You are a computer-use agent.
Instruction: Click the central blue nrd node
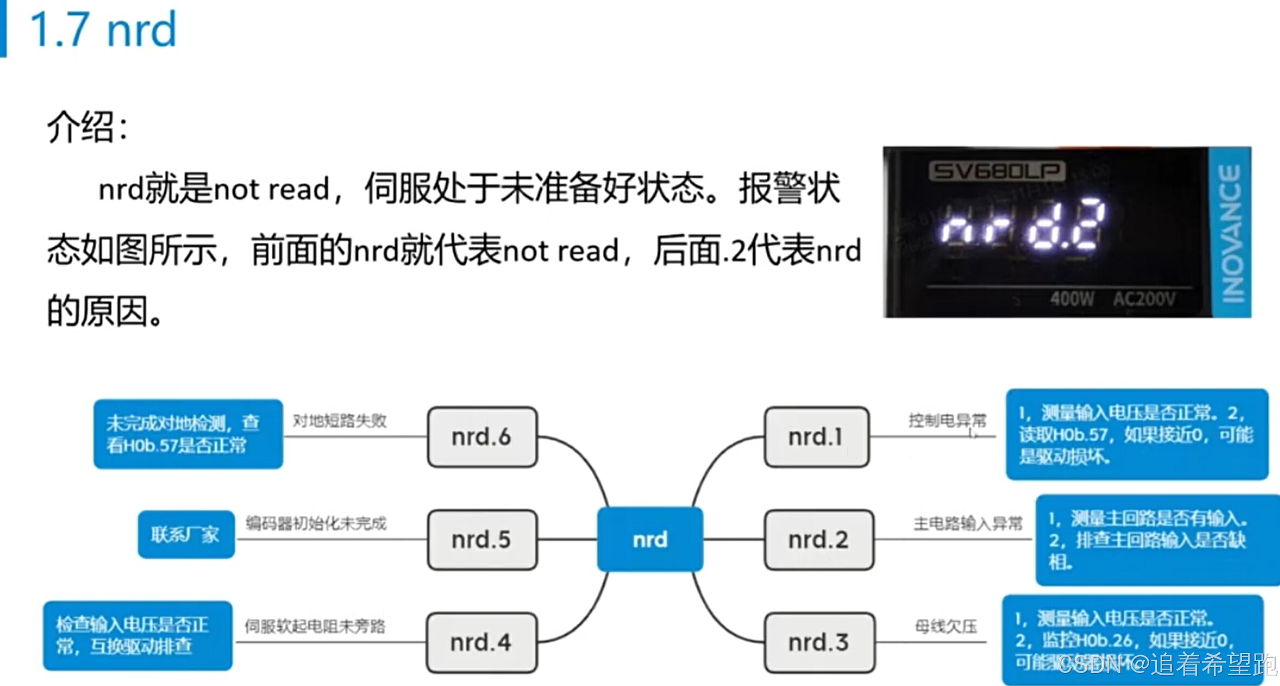(650, 539)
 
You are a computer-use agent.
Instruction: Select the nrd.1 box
(816, 437)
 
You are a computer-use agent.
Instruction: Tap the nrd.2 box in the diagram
(818, 539)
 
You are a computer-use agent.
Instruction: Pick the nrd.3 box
(819, 642)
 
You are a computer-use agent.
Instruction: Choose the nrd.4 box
(481, 642)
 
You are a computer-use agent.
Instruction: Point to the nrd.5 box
(482, 539)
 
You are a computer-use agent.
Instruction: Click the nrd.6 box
(482, 437)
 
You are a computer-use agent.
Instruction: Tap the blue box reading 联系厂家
(186, 535)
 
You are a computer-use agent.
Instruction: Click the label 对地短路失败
(340, 420)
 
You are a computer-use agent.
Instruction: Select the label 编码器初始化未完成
(316, 523)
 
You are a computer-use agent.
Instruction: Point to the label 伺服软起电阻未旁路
(315, 626)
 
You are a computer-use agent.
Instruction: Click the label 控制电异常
(947, 420)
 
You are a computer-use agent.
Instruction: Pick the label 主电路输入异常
(968, 523)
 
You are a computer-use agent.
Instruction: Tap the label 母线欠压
(946, 626)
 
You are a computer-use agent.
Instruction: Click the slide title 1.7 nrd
(103, 30)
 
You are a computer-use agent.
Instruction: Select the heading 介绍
(87, 127)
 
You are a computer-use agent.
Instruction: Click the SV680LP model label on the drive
(997, 171)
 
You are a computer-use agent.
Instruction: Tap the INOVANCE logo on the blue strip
(1231, 233)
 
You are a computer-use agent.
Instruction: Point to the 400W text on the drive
(1072, 299)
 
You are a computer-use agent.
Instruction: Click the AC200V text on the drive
(1144, 299)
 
